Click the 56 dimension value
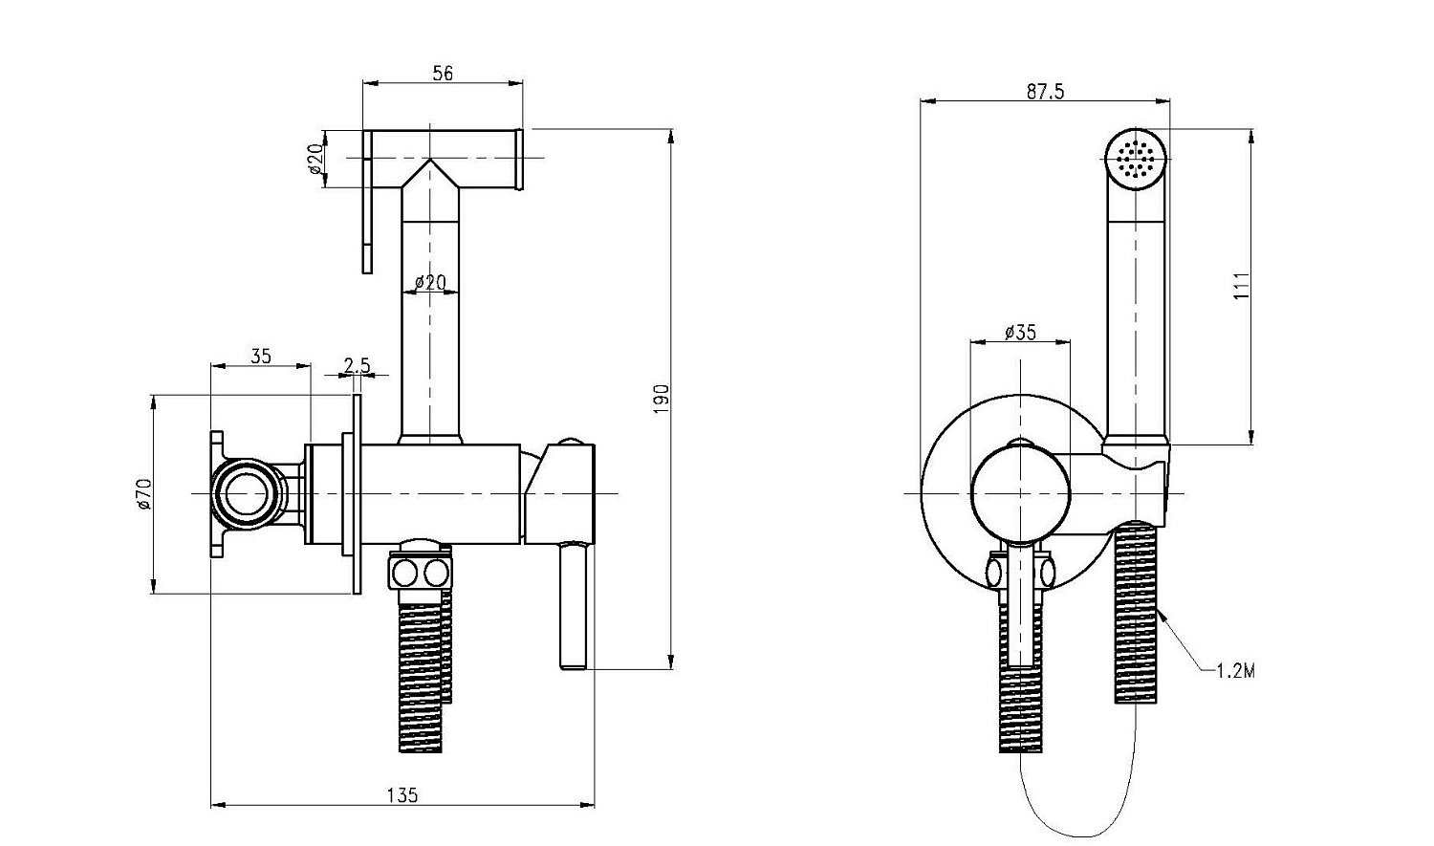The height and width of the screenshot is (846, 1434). [x=442, y=73]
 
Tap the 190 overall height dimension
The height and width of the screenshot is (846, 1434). [x=662, y=397]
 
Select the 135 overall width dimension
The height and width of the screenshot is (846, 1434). [x=403, y=794]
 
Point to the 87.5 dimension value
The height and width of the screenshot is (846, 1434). [x=1045, y=92]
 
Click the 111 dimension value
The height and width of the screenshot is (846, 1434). [x=1242, y=286]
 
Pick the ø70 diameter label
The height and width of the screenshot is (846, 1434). [x=144, y=493]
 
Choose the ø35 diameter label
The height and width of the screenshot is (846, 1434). [x=1020, y=332]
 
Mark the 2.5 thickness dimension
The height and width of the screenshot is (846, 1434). [x=357, y=364]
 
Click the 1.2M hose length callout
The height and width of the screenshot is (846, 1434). [x=1235, y=670]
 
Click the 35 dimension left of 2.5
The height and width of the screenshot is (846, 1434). [x=260, y=357]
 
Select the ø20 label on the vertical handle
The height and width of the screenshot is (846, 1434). [x=430, y=283]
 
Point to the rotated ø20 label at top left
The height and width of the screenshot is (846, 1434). [x=316, y=159]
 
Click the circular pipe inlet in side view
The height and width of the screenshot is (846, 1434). [x=248, y=493]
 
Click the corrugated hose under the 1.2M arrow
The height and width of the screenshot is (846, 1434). [x=1137, y=612]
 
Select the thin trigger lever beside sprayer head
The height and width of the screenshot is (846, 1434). [x=367, y=203]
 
